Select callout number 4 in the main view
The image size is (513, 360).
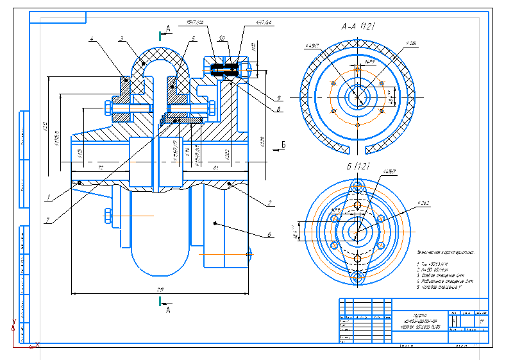[92, 39]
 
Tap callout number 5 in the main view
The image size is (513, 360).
[192, 39]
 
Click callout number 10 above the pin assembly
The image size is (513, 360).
[220, 39]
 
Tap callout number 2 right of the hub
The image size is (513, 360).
[271, 203]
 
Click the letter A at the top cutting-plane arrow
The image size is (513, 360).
[167, 28]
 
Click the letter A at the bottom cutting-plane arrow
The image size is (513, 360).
[168, 310]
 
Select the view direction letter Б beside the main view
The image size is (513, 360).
[283, 144]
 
